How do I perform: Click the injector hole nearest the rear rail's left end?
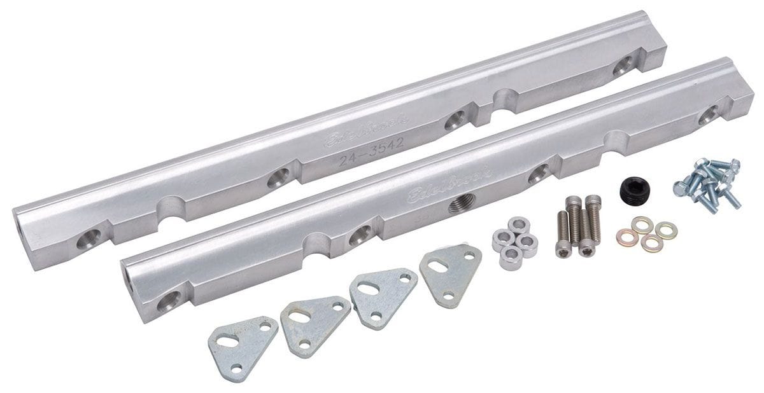[x=87, y=240]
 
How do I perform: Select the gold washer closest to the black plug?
[x=639, y=223]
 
